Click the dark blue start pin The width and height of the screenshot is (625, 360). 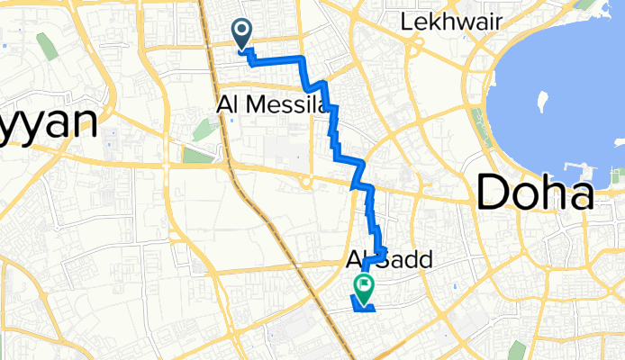(x=242, y=34)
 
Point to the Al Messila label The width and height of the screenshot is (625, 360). (x=271, y=105)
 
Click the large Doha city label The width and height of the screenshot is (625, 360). (x=535, y=192)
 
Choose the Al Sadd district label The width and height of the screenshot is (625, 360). (x=390, y=261)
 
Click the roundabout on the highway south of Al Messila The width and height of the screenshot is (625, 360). (x=306, y=184)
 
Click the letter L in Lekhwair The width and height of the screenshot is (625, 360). (x=410, y=21)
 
